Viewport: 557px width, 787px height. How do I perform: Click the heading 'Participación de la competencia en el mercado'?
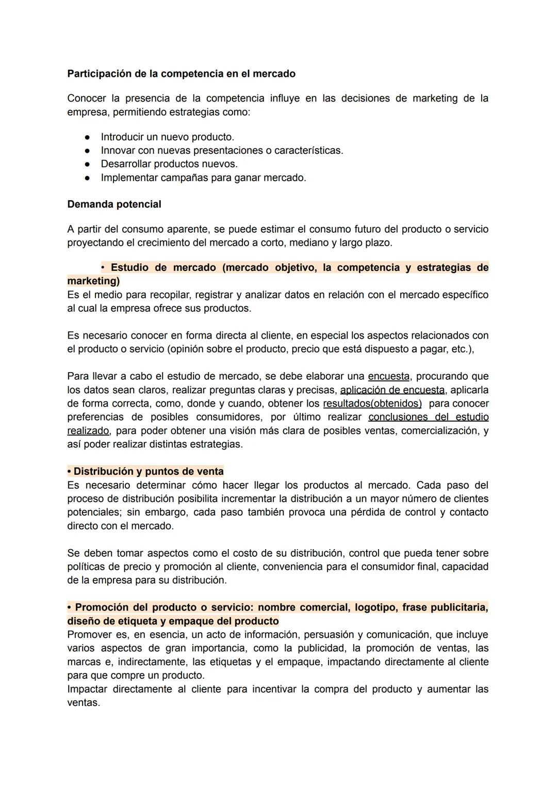click(181, 74)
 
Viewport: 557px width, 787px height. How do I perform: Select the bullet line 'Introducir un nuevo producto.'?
click(167, 137)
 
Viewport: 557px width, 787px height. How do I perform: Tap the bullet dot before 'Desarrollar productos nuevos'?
click(88, 164)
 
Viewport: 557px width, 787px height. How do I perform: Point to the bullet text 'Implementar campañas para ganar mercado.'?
click(203, 178)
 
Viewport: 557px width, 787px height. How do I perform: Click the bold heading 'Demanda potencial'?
click(114, 204)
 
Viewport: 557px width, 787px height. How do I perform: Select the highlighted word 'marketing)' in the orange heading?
click(93, 281)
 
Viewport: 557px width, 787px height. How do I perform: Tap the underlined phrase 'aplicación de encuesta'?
click(392, 390)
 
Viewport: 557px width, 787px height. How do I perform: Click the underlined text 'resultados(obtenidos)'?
click(372, 404)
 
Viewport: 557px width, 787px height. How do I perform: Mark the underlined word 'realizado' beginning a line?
click(88, 431)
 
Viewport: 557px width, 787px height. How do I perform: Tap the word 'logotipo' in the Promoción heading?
click(373, 607)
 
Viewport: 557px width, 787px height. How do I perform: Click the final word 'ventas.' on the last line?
click(84, 703)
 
